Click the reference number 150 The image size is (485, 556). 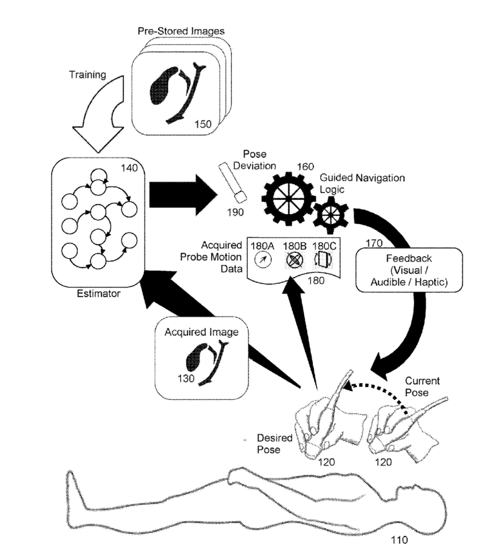pyautogui.click(x=203, y=124)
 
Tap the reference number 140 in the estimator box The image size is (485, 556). pyautogui.click(x=129, y=168)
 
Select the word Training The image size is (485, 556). pyautogui.click(x=88, y=74)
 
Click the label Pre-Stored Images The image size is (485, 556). pyautogui.click(x=181, y=32)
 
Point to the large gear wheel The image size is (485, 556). pyautogui.click(x=288, y=199)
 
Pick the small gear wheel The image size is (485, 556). pyautogui.click(x=330, y=215)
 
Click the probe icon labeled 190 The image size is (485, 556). pyautogui.click(x=232, y=182)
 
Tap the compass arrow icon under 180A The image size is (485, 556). pyautogui.click(x=263, y=260)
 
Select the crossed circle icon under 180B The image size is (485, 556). pyautogui.click(x=294, y=260)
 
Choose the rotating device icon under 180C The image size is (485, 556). pyautogui.click(x=323, y=260)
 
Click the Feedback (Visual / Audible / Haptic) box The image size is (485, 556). pyautogui.click(x=409, y=270)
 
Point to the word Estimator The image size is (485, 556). pyautogui.click(x=98, y=294)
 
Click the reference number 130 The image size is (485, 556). pyautogui.click(x=186, y=379)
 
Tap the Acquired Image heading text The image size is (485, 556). pyautogui.click(x=202, y=332)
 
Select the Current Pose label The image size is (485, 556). pyautogui.click(x=422, y=386)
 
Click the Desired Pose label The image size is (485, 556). pyautogui.click(x=275, y=443)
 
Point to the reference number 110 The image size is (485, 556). pyautogui.click(x=399, y=540)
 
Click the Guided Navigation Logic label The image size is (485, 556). pyautogui.click(x=362, y=183)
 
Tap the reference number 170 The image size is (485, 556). pyautogui.click(x=374, y=243)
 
